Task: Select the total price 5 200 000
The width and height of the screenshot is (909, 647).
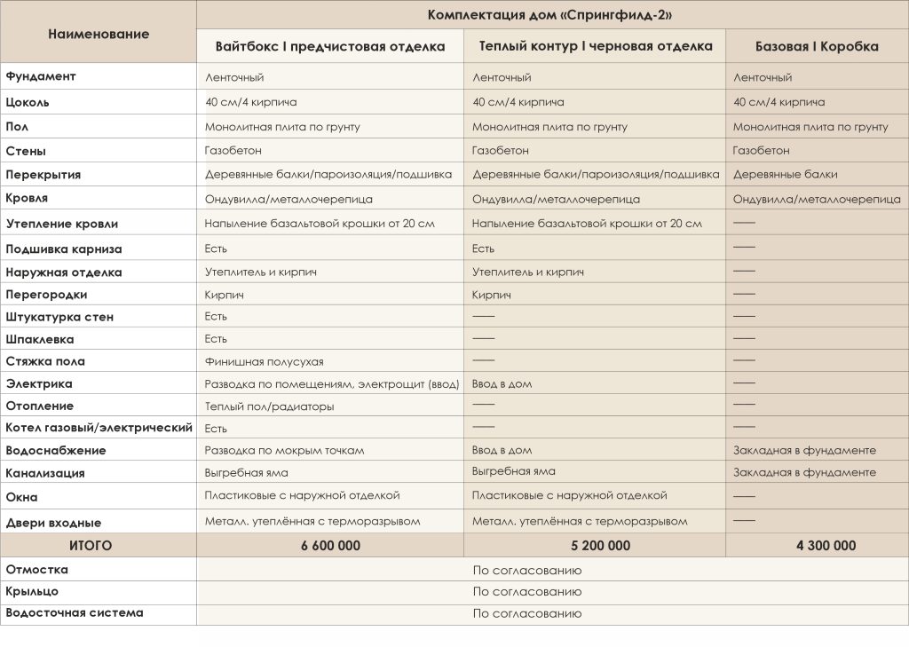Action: point(595,546)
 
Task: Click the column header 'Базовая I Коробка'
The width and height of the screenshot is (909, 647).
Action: point(817,47)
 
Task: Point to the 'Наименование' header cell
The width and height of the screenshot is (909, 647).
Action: point(99,34)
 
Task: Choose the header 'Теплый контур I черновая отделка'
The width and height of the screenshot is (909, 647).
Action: point(596,46)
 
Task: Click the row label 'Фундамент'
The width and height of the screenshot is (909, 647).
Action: point(41,76)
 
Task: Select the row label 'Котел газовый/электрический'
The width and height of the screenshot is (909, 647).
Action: point(99,428)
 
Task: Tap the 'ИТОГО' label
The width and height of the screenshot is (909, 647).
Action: point(91,546)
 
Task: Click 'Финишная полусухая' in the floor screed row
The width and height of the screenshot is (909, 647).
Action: point(264,361)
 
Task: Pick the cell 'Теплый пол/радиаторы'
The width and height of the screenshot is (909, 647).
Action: point(269,406)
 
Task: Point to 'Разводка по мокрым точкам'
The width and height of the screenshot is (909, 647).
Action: point(284,451)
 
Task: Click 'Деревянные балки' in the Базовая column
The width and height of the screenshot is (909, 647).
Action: point(785,175)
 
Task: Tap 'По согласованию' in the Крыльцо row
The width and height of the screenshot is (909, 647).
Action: point(527,592)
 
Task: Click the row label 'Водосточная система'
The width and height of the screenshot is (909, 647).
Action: point(75,612)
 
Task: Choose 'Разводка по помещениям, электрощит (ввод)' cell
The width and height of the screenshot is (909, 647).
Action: point(332,384)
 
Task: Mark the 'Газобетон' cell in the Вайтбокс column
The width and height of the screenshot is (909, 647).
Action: point(233,151)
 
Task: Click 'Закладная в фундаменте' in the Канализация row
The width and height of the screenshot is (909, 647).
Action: point(804,472)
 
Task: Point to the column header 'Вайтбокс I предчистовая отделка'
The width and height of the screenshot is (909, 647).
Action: point(329,47)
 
